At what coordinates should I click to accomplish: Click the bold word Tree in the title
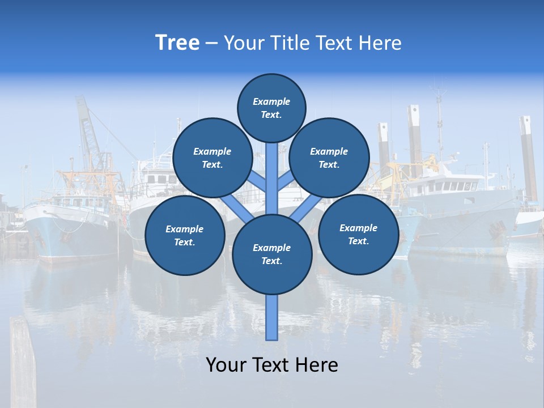pyautogui.click(x=177, y=42)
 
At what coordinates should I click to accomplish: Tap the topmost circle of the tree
pyautogui.click(x=271, y=108)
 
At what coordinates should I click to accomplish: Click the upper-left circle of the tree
pyautogui.click(x=212, y=158)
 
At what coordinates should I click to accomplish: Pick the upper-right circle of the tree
pyautogui.click(x=329, y=158)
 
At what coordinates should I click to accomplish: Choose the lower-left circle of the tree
pyautogui.click(x=185, y=235)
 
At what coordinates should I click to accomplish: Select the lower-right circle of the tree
pyautogui.click(x=359, y=234)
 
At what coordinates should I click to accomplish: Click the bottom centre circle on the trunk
pyautogui.click(x=272, y=254)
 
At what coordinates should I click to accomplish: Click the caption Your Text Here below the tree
pyautogui.click(x=272, y=365)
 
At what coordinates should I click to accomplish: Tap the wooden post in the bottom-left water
pyautogui.click(x=23, y=363)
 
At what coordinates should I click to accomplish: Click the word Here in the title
pyautogui.click(x=380, y=42)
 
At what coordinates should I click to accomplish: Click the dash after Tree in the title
pyautogui.click(x=212, y=43)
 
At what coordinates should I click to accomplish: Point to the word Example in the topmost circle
pyautogui.click(x=271, y=101)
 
